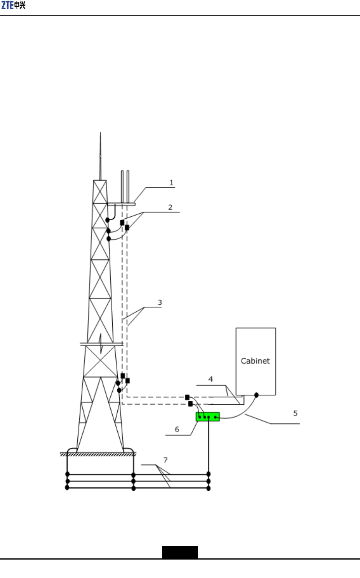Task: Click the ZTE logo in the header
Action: tap(13, 5)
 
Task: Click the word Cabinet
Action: tap(255, 361)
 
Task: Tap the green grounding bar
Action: tap(208, 417)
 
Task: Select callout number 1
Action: tap(172, 183)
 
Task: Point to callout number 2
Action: tap(170, 208)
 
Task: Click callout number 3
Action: tap(160, 303)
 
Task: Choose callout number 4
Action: tap(211, 379)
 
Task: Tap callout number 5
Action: tap(295, 414)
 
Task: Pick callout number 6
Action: tap(177, 430)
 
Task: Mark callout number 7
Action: tap(166, 460)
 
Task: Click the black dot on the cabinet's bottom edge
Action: tap(257, 395)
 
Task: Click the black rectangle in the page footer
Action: tap(180, 552)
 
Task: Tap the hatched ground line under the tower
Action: tap(98, 454)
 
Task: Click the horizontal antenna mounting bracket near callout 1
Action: tap(121, 204)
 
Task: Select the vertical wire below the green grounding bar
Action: tap(208, 446)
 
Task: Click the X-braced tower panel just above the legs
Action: tap(100, 361)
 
